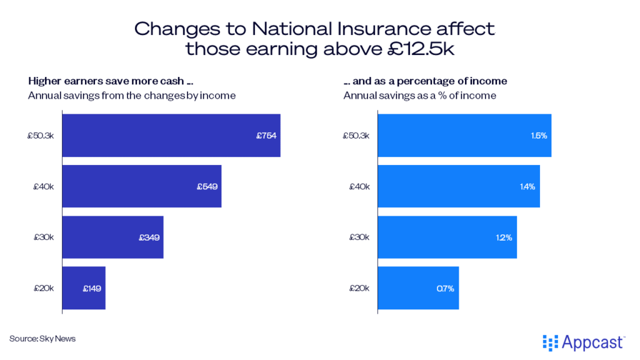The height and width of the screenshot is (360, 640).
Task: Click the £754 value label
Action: click(x=266, y=136)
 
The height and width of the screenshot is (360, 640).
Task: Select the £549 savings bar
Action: click(x=141, y=186)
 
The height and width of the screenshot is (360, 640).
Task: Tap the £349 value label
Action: click(x=149, y=237)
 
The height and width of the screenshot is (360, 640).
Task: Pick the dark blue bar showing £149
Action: click(x=84, y=288)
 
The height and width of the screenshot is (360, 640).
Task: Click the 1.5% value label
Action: click(x=537, y=136)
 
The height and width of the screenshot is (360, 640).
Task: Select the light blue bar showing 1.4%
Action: click(x=459, y=186)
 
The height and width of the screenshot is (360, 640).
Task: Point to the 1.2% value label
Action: click(x=503, y=237)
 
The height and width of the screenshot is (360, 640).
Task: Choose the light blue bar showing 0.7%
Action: click(x=419, y=288)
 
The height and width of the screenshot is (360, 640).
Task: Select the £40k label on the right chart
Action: click(x=360, y=186)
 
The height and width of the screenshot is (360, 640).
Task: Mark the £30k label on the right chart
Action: click(x=360, y=237)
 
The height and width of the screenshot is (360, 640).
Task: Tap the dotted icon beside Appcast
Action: click(x=550, y=342)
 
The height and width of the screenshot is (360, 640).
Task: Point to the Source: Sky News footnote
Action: click(x=42, y=339)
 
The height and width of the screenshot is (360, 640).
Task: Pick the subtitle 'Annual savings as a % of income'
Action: click(x=419, y=96)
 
